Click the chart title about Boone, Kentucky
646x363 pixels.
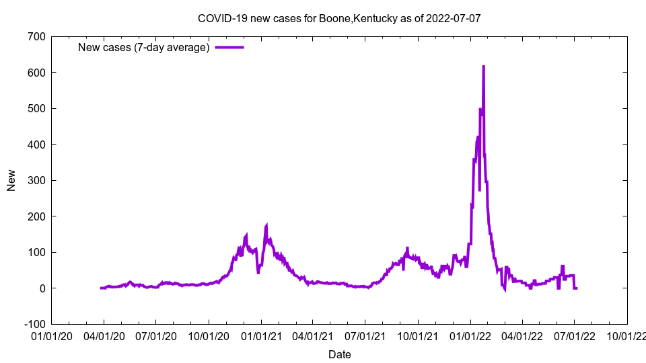pyautogui.click(x=339, y=19)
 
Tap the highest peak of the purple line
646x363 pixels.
pyautogui.click(x=483, y=67)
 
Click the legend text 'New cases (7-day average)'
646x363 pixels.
pyautogui.click(x=144, y=47)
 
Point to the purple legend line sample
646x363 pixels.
pyautogui.click(x=229, y=47)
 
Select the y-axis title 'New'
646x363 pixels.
pyautogui.click(x=11, y=180)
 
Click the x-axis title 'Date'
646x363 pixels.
pyautogui.click(x=339, y=354)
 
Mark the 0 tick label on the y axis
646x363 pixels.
pyautogui.click(x=41, y=288)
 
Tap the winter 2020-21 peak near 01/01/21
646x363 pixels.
pyautogui.click(x=266, y=225)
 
